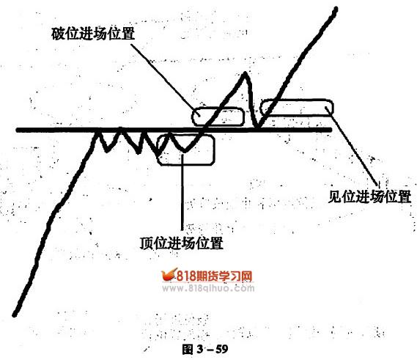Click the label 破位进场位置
point(93,34)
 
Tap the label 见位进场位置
point(369,197)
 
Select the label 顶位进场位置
point(181,243)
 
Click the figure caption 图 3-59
point(205,349)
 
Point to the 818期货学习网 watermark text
point(214,276)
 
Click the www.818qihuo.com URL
point(208,288)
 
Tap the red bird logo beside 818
point(169,275)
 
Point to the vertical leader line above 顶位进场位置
point(182,191)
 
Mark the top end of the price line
point(336,10)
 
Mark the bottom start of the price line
point(15,315)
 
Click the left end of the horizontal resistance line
point(18,130)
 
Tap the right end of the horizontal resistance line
point(331,130)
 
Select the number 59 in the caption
point(222,349)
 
